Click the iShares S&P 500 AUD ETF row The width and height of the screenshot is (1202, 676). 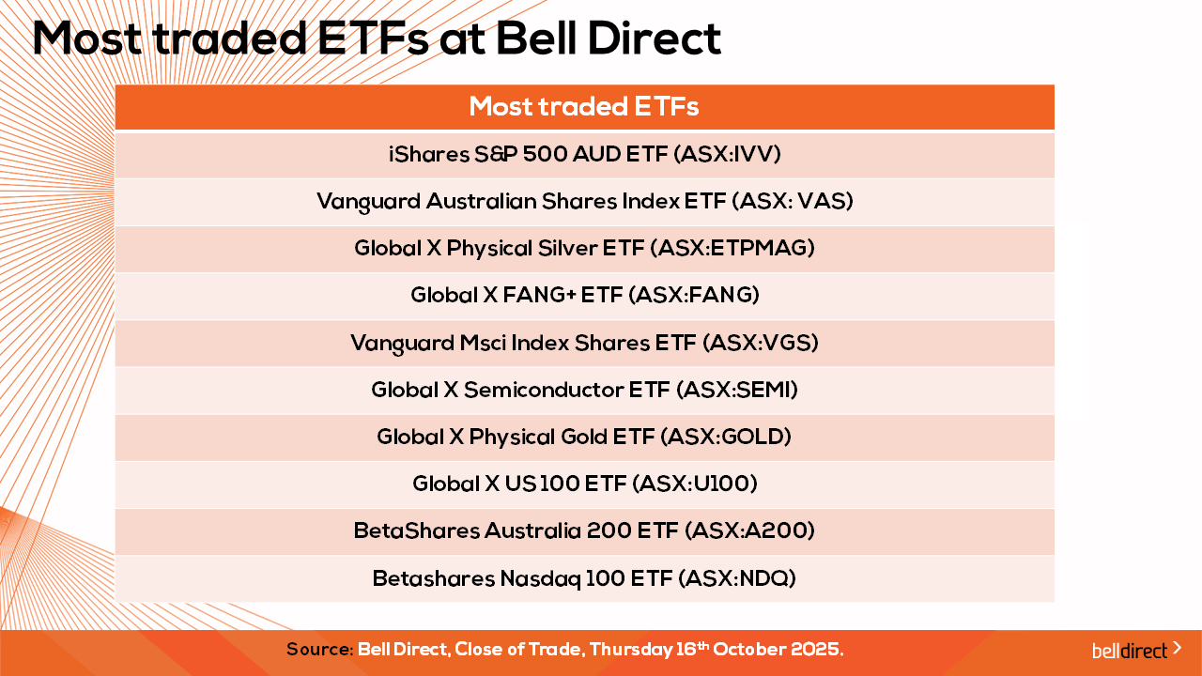[584, 155]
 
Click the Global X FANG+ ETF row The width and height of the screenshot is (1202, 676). [584, 296]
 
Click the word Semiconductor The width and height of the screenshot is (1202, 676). [544, 390]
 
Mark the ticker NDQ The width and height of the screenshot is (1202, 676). [764, 579]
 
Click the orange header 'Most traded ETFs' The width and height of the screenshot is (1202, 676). [584, 106]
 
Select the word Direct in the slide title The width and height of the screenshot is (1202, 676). [655, 38]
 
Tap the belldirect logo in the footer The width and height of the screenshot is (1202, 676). [1136, 650]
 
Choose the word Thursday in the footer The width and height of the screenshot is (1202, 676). [630, 650]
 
